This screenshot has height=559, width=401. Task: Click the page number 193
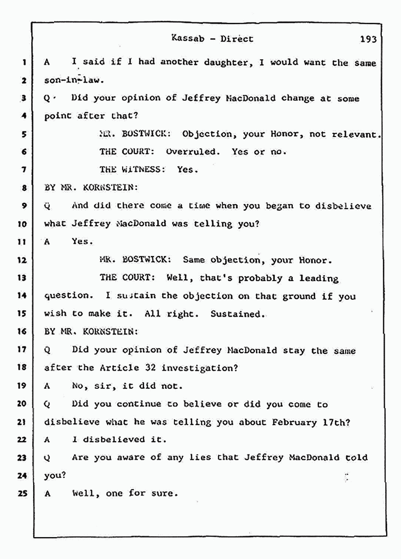point(368,39)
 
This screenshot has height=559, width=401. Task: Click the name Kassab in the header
point(188,38)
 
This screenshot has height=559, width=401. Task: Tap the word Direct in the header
point(237,39)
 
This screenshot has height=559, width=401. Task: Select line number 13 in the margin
point(22,277)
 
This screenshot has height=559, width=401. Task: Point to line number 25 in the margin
point(22,493)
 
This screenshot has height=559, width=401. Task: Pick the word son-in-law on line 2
point(74,80)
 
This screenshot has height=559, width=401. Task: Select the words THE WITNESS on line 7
point(132,169)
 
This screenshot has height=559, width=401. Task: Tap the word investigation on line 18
point(199,368)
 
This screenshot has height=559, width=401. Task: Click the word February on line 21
point(294,422)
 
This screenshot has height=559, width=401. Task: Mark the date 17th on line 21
point(336,422)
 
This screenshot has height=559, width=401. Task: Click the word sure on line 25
point(166,494)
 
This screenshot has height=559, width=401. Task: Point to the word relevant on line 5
point(355,134)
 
